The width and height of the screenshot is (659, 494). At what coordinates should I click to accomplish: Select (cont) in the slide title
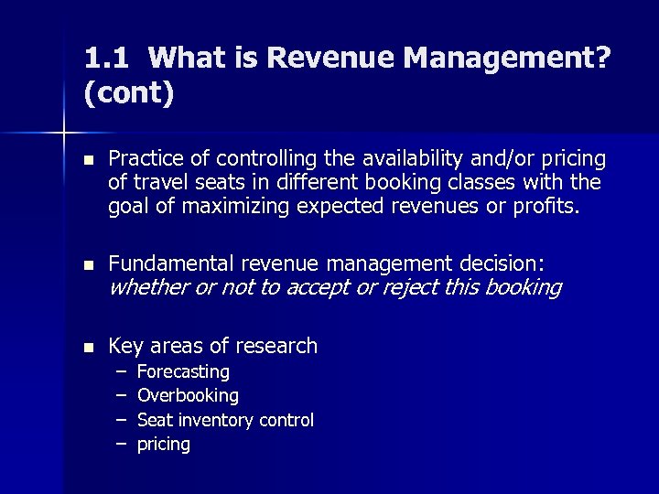(x=128, y=93)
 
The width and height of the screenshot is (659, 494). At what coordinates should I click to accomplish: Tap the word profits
(x=546, y=207)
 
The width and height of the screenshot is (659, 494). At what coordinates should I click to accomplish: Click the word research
(x=274, y=346)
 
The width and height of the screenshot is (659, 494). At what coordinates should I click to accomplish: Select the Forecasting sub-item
(x=183, y=372)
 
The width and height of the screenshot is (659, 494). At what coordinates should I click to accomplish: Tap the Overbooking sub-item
(x=188, y=396)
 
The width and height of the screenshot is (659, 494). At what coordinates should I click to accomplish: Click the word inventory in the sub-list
(x=216, y=420)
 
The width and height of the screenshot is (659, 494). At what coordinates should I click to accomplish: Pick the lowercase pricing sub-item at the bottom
(x=164, y=445)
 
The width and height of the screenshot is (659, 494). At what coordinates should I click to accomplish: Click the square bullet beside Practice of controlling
(x=87, y=160)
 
